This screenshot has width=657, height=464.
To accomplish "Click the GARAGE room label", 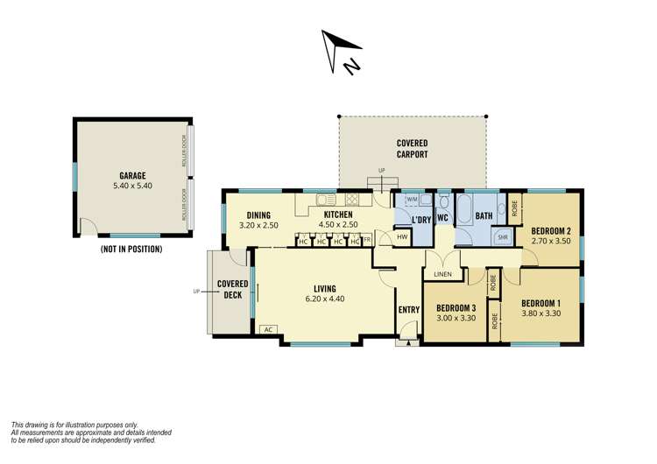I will point(132,175).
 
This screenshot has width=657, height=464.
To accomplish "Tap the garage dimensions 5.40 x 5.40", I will point(132,186).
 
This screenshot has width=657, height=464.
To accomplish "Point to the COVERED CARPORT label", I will point(412,148).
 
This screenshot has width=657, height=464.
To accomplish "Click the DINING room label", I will point(258,215).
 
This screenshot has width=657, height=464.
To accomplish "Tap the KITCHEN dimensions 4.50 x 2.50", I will point(338,225).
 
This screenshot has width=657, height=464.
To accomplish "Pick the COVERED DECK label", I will point(233,290).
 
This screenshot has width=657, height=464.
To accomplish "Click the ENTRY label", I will point(409,309).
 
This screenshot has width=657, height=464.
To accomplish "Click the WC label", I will point(442,218).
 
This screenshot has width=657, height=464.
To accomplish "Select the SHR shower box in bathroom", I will point(503,237).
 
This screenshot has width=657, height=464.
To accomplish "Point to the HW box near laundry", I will point(402,237).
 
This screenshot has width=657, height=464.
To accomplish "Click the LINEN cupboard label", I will point(442,274).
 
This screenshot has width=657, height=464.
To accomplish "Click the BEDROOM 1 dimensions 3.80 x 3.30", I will point(540,313).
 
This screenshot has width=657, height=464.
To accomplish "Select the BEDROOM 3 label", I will point(456,307).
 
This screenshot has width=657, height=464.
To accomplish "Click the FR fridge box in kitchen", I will point(367,239).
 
